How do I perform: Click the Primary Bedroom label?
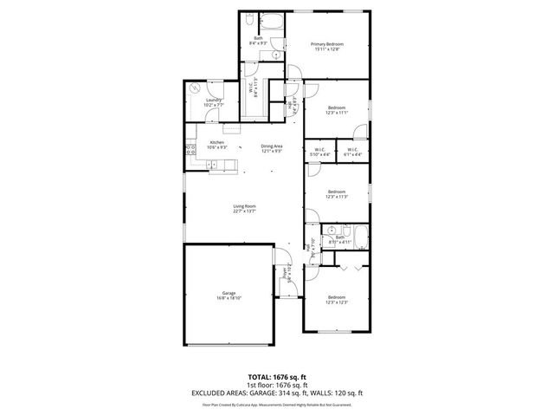pyautogui.click(x=327, y=43)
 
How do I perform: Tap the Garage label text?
pyautogui.click(x=229, y=293)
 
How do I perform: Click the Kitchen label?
pyautogui.click(x=216, y=142)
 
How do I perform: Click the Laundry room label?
pyautogui.click(x=213, y=100)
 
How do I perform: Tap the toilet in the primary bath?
pyautogui.click(x=248, y=20)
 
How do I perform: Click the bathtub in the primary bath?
pyautogui.click(x=271, y=24)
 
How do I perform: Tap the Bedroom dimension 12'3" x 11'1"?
pyautogui.click(x=337, y=113)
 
